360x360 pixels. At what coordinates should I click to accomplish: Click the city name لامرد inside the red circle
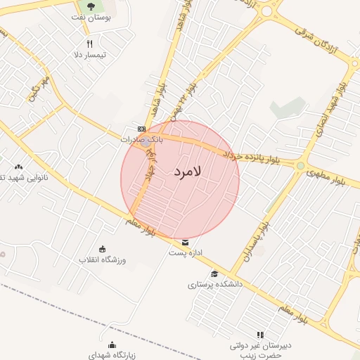tap(186, 171)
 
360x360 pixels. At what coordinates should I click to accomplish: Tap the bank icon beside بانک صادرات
tap(142, 129)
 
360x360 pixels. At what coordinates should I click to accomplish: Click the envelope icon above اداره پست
tap(185, 243)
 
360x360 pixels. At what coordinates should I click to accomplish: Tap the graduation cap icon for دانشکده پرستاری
tap(214, 274)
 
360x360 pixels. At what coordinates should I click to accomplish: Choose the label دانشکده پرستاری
tap(215, 285)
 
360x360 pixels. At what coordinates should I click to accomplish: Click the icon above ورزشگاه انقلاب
tap(103, 249)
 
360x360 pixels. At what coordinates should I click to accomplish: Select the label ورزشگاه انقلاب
tap(103, 259)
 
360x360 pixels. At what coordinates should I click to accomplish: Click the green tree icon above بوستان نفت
tap(91, 6)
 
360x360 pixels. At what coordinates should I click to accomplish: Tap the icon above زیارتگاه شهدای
tap(112, 345)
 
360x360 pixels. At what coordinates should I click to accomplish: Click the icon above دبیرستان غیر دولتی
tap(259, 335)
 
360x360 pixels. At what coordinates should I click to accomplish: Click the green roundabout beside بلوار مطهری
tap(301, 166)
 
